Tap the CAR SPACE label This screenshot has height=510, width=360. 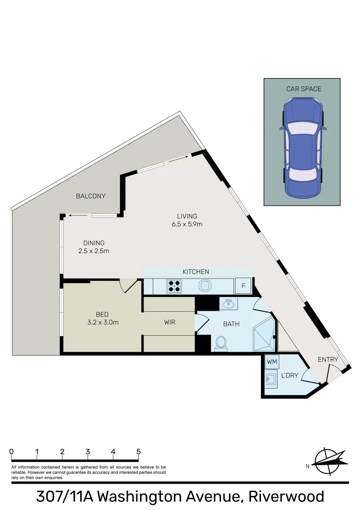(303, 89)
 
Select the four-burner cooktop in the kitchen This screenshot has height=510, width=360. (173, 286)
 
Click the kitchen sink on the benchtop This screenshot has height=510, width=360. (205, 286)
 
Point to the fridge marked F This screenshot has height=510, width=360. (243, 286)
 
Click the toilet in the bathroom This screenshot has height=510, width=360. (220, 343)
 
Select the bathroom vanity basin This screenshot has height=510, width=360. (229, 304)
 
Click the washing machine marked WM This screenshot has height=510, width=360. (272, 362)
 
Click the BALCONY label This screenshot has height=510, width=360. (91, 196)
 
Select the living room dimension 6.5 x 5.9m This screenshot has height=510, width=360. (187, 224)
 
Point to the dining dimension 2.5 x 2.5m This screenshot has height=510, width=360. (94, 251)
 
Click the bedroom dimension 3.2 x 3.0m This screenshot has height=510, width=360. (102, 323)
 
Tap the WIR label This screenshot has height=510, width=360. (170, 323)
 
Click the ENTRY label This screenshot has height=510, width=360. (328, 359)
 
